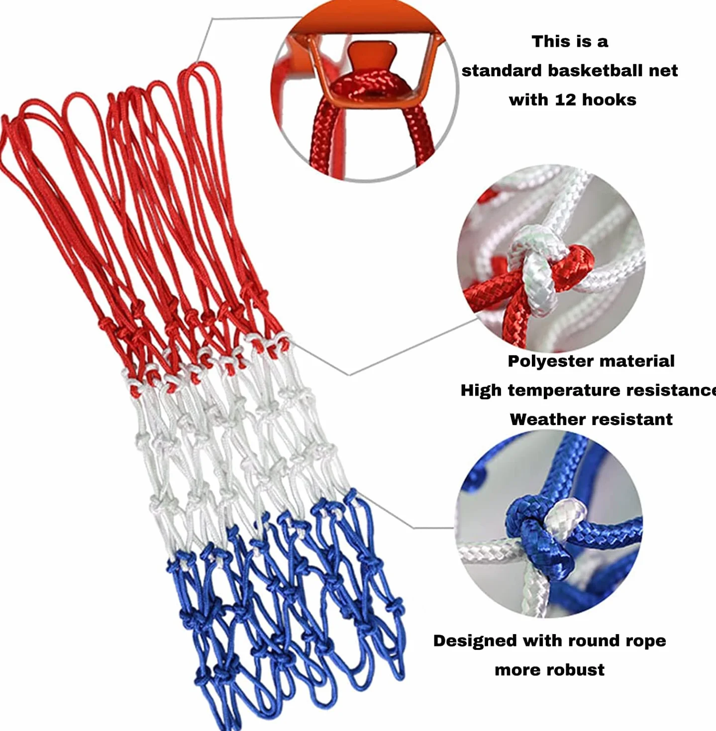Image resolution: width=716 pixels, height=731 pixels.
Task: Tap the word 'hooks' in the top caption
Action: [x=609, y=100]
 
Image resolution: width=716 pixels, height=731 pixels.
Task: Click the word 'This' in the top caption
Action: [x=550, y=41]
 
